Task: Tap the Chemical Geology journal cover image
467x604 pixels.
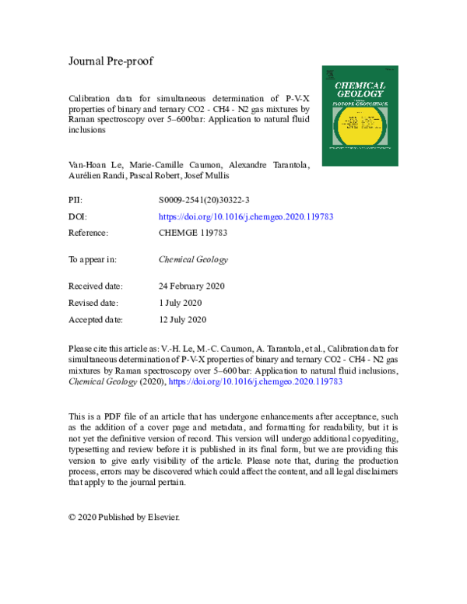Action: [x=360, y=114]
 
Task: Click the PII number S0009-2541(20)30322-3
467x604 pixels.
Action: [x=204, y=201]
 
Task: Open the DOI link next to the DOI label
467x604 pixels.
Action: [x=245, y=216]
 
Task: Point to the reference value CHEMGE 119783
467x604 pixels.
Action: [x=195, y=233]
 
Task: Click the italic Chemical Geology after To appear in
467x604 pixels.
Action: [x=193, y=260]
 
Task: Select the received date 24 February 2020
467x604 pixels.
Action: [x=191, y=286]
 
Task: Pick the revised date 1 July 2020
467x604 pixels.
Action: [x=180, y=303]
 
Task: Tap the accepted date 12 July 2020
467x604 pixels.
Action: [x=182, y=319]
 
